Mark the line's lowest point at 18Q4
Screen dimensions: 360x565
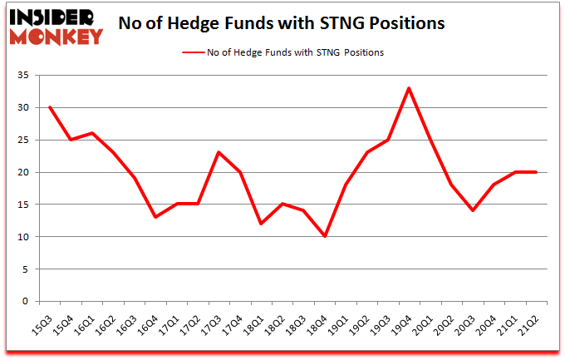[x=324, y=236]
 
